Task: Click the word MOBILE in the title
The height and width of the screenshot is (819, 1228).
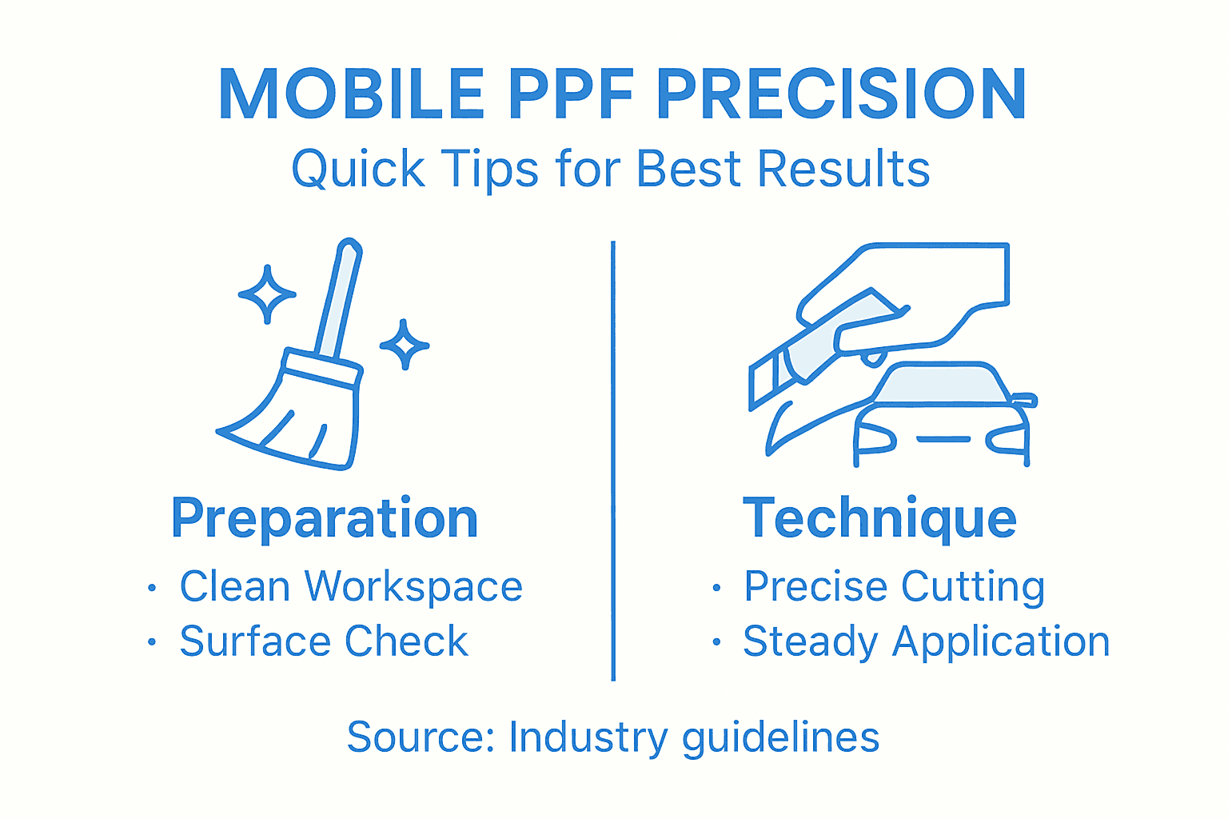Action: [x=351, y=94]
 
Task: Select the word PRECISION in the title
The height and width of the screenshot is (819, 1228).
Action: [x=841, y=94]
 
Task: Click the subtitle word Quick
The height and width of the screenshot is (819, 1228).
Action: [x=357, y=170]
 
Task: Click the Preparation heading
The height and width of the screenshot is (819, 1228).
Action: [x=325, y=519]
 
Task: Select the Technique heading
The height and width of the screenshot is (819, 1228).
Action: [x=879, y=519]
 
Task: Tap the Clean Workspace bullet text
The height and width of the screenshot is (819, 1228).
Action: [x=351, y=587]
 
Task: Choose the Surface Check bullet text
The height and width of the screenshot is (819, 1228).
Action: [x=324, y=641]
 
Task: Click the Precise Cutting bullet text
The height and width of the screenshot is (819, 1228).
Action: [x=894, y=587]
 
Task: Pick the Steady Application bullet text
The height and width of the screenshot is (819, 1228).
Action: [x=927, y=641]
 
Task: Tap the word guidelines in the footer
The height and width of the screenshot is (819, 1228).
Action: [x=780, y=737]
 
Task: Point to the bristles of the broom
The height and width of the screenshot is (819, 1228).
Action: [x=296, y=420]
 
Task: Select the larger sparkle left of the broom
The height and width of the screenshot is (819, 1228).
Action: [x=267, y=294]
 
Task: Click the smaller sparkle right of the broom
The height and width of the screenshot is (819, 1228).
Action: [x=405, y=346]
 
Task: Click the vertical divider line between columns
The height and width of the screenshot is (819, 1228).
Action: [x=613, y=460]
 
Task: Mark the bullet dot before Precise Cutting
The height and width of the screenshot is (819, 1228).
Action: [x=716, y=589]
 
